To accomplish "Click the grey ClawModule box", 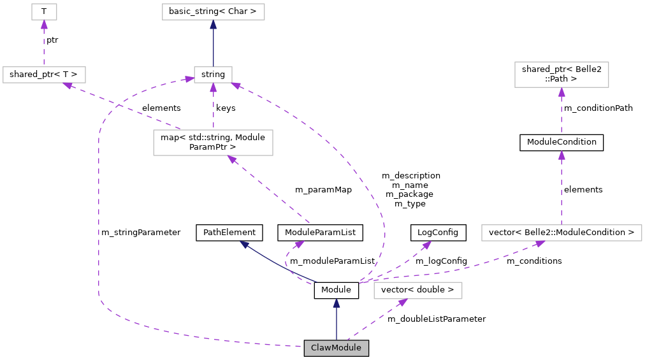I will (336, 348).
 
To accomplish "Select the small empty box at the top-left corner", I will (44, 11).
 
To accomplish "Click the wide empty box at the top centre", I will (213, 11).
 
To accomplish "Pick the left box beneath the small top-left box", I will (44, 75).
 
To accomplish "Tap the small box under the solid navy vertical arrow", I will (213, 75).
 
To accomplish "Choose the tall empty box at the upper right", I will (562, 75).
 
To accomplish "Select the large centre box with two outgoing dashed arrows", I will (213, 143).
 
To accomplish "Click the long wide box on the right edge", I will (562, 233).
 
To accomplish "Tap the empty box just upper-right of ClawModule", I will (417, 291).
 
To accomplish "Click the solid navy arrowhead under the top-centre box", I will (213, 25).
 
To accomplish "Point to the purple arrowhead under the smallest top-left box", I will (44, 25).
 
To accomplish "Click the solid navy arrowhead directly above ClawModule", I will (337, 303).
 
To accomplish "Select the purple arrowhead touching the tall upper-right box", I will (562, 92).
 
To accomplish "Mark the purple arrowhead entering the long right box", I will (540, 243).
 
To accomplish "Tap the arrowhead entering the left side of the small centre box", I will (189, 79).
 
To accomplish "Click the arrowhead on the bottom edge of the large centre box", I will (232, 159).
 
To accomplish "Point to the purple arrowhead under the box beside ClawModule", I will (402, 303).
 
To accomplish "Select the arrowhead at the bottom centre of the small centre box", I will (213, 88).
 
